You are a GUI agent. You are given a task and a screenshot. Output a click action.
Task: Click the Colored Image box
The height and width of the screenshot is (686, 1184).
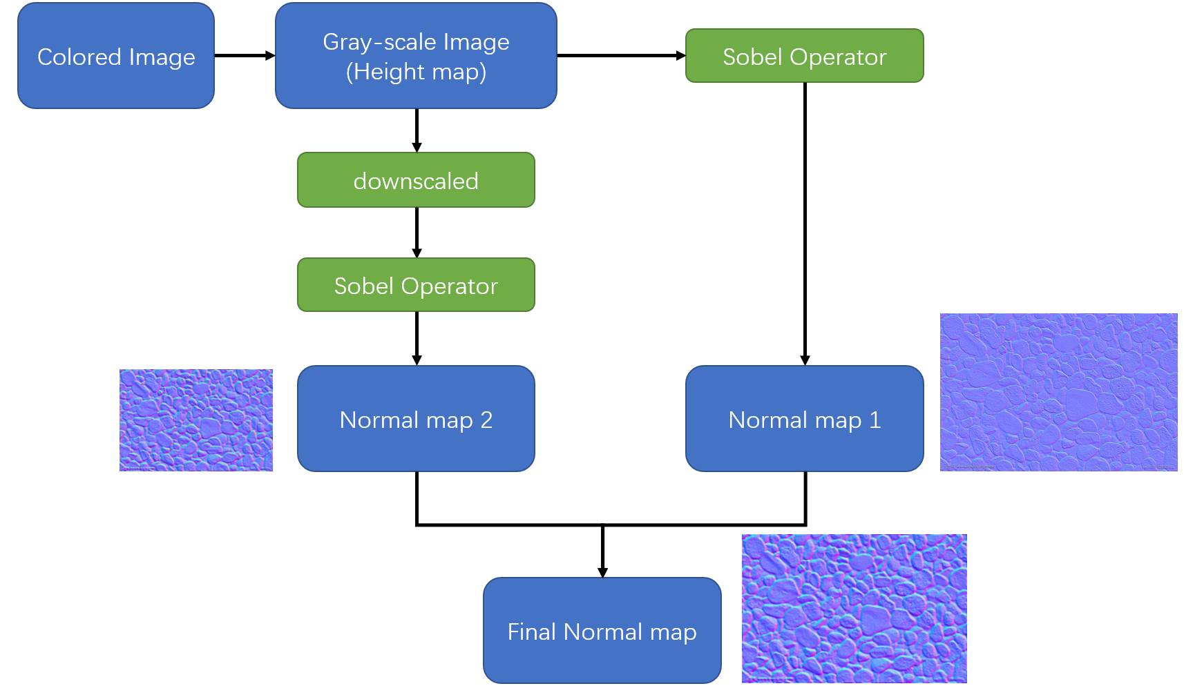click(x=116, y=56)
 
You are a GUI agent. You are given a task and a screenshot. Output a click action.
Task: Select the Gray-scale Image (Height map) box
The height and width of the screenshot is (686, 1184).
click(x=416, y=56)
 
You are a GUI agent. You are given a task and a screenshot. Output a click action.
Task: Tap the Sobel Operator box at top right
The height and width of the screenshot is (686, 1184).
click(x=804, y=56)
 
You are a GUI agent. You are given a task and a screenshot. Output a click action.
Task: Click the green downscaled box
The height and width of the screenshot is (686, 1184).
click(x=416, y=180)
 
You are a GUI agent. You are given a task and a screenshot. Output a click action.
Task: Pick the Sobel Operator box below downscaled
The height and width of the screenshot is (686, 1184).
click(x=416, y=285)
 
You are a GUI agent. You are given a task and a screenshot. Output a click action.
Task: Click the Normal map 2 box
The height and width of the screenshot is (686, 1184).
click(x=416, y=419)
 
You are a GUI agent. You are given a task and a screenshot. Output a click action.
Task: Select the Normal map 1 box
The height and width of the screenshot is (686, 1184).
click(x=804, y=419)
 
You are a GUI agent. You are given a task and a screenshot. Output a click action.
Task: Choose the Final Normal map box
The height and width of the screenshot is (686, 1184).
click(x=602, y=631)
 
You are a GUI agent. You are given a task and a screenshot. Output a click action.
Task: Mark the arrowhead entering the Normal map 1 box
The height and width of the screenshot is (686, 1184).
click(x=805, y=360)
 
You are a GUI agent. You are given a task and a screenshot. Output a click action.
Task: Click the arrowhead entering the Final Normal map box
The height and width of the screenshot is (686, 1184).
click(x=602, y=571)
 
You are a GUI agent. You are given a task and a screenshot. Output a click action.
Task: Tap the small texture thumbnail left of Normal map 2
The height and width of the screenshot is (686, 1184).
click(x=195, y=420)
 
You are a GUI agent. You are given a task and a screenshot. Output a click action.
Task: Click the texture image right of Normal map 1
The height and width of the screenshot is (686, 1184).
click(x=1058, y=392)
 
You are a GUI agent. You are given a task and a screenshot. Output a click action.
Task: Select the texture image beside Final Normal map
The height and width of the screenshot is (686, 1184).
click(x=854, y=608)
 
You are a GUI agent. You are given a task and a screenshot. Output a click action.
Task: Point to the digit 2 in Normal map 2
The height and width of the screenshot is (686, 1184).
click(x=486, y=420)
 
